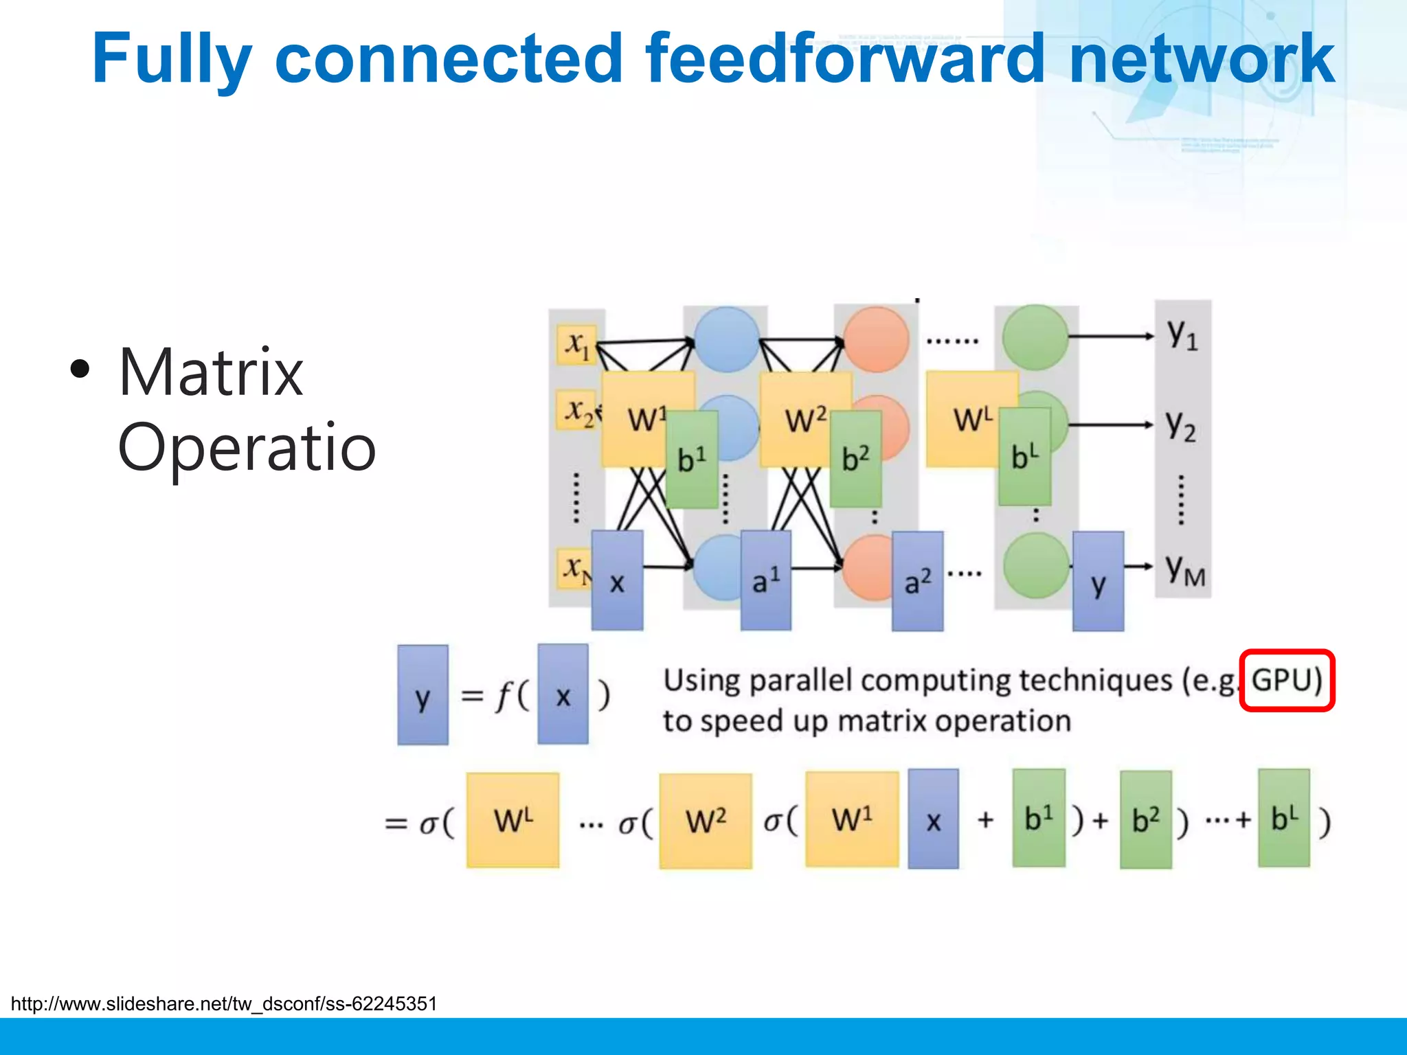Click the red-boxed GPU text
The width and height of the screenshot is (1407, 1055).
click(x=1286, y=681)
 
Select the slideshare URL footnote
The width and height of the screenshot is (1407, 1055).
click(x=224, y=1004)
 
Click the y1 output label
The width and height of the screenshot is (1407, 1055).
click(x=1182, y=335)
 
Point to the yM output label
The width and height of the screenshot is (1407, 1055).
click(x=1184, y=570)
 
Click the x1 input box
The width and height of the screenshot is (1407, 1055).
click(x=576, y=344)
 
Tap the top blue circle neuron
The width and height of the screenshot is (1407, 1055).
click(x=726, y=339)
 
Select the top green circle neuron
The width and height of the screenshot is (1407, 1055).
click(x=1035, y=337)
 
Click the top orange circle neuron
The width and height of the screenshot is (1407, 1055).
click(x=876, y=339)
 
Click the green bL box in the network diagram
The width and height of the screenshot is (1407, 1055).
click(x=1024, y=457)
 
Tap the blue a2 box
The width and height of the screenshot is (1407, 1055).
click(x=917, y=581)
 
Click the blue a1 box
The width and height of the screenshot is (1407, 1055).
click(x=765, y=580)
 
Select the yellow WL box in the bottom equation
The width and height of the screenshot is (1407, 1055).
click(x=513, y=820)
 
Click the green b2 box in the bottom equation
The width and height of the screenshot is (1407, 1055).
click(x=1145, y=820)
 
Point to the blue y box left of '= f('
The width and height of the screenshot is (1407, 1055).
click(x=423, y=695)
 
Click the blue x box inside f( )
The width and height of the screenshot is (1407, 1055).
click(x=563, y=694)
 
